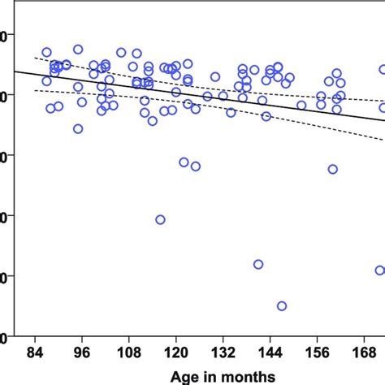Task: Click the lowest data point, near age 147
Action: pyautogui.click(x=282, y=306)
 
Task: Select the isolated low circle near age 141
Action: pyautogui.click(x=258, y=264)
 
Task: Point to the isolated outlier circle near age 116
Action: pyautogui.click(x=160, y=219)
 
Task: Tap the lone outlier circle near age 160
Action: pyautogui.click(x=332, y=169)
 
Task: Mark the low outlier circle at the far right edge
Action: pyautogui.click(x=379, y=270)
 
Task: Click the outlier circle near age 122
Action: pyautogui.click(x=184, y=162)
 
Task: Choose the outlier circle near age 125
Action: pyautogui.click(x=195, y=166)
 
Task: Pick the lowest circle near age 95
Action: pyautogui.click(x=78, y=128)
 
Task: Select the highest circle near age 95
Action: pyautogui.click(x=78, y=49)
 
